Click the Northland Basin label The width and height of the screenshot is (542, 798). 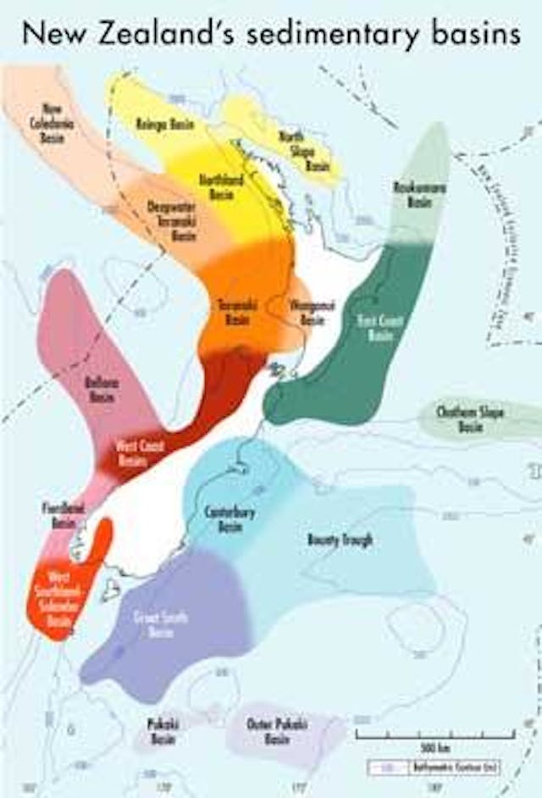[x=221, y=186]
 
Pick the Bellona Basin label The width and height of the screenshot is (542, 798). [x=102, y=388]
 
